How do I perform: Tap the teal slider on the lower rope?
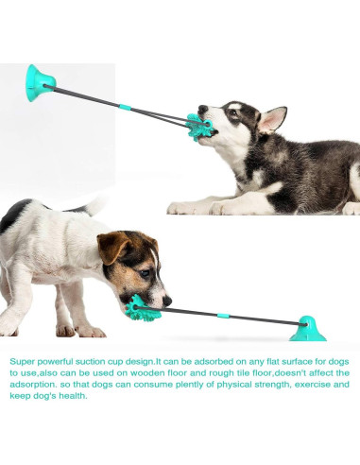(223, 316)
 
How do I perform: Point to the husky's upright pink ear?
(272, 118)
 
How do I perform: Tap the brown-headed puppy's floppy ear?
(112, 248)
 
